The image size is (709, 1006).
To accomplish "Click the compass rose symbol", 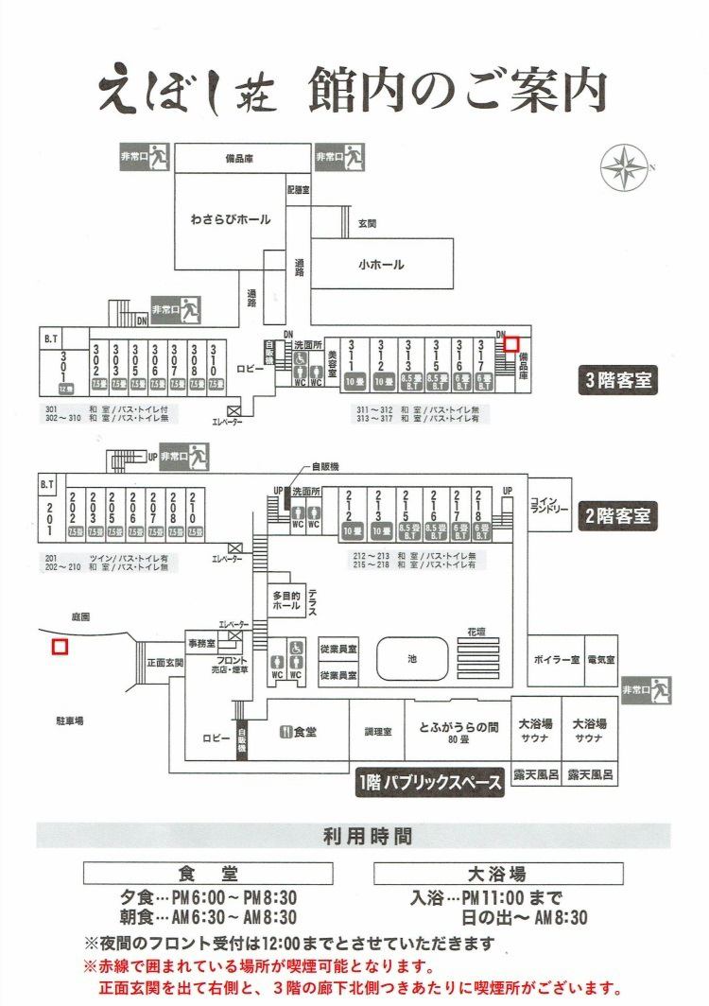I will pos(625,167).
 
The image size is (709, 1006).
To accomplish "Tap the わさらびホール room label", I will pos(230,219).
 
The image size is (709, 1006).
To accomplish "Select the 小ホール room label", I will pos(381,265).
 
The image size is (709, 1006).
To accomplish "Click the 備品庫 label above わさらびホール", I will pos(243,159).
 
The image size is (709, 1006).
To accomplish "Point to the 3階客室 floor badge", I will pos(618,381).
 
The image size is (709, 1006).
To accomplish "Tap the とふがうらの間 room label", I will pos(458,728).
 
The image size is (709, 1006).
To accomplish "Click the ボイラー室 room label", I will pos(555,658).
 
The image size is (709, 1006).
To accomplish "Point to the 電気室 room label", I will pos(601,658).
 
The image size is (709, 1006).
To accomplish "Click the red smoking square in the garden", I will pos(60,647).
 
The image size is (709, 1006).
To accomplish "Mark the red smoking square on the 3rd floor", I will pos(510,345).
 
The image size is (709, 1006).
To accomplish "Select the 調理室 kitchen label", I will pos(378,731).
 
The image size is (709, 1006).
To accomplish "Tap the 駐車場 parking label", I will pos(69,720).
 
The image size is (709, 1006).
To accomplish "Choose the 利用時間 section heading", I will pos(354,836).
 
